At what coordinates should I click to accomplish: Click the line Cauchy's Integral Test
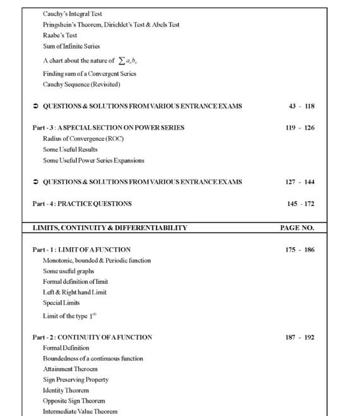(73, 13)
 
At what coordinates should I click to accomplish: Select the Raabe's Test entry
(60, 35)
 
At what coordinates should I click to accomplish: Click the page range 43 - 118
(300, 106)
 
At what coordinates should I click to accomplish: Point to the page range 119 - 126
(300, 128)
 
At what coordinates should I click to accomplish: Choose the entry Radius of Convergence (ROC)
(83, 138)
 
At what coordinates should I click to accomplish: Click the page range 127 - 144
(300, 182)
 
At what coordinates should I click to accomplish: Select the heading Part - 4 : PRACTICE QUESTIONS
(82, 204)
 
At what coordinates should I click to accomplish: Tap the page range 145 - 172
(300, 204)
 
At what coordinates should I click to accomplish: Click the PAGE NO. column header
(297, 228)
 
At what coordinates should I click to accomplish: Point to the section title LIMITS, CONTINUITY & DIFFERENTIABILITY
(110, 228)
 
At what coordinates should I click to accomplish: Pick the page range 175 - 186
(300, 250)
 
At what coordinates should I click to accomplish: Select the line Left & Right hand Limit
(75, 292)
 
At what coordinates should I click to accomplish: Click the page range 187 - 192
(300, 338)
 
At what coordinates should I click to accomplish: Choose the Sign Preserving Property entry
(76, 380)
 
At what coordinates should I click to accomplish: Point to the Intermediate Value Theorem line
(80, 412)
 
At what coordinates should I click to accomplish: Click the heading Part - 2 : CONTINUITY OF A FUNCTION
(92, 338)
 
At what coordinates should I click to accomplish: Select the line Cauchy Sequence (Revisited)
(81, 84)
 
